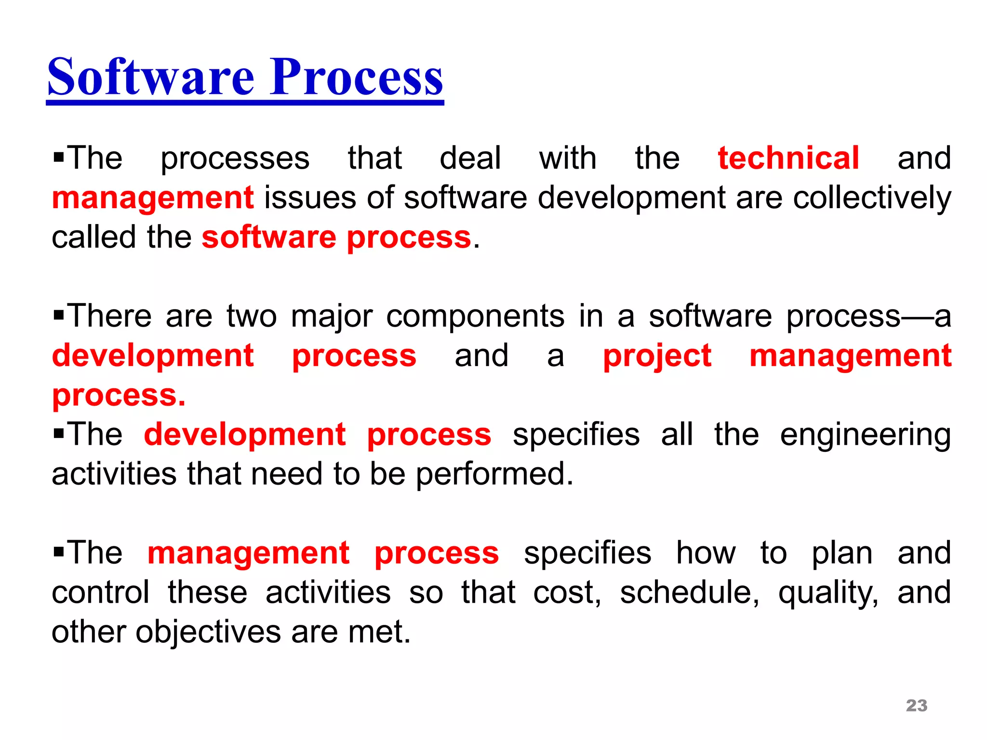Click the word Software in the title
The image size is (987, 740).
(x=150, y=77)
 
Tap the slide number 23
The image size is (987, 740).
(x=916, y=705)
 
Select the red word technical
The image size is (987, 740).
(x=788, y=158)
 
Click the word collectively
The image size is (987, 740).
(x=872, y=198)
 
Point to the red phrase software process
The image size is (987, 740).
(x=336, y=238)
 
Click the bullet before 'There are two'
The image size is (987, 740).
(x=59, y=316)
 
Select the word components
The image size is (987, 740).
(x=475, y=317)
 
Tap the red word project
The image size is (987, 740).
(x=657, y=356)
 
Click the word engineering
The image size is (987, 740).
(x=865, y=435)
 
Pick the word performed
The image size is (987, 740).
(x=494, y=475)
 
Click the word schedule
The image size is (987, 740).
(x=689, y=593)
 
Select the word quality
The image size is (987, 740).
(x=828, y=593)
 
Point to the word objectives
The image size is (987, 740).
(x=208, y=632)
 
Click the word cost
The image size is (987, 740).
(x=567, y=593)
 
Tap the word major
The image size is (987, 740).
(x=332, y=317)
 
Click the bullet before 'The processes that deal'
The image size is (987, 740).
(x=59, y=158)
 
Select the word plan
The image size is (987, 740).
(x=842, y=553)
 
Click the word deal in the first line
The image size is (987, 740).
(x=470, y=158)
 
